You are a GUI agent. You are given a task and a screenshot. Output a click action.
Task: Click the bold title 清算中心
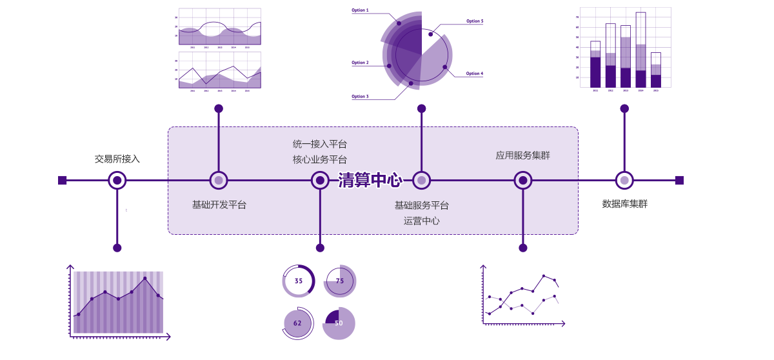tap(370, 180)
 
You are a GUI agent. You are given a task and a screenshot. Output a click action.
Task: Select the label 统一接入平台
tap(320, 144)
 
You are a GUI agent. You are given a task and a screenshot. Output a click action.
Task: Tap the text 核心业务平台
tap(320, 159)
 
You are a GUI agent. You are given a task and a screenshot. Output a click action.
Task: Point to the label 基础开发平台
tap(219, 205)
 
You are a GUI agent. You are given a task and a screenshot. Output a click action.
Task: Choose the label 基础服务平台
tap(422, 205)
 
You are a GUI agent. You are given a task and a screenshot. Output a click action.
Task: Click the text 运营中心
tap(422, 221)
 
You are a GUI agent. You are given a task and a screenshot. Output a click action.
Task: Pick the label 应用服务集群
tap(523, 155)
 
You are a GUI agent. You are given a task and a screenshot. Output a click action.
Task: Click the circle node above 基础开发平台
tap(219, 181)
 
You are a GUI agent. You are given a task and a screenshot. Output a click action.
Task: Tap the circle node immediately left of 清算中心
tap(320, 181)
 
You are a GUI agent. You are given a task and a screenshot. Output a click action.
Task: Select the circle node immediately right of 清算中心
tap(421, 181)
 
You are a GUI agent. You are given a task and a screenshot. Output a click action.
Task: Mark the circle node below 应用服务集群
tap(523, 181)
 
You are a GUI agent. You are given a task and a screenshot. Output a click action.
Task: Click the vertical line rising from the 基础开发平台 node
tap(219, 148)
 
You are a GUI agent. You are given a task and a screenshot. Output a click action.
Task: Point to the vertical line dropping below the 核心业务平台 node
tap(320, 213)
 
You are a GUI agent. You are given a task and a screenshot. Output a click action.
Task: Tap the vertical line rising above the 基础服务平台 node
tap(421, 148)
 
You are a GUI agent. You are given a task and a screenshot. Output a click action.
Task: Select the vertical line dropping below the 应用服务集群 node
tap(523, 213)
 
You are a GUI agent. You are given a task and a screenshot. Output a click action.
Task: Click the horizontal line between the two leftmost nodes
tap(269, 181)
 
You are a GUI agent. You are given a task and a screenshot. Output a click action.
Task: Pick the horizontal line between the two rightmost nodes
tap(472, 181)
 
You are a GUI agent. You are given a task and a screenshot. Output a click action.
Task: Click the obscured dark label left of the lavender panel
tap(117, 159)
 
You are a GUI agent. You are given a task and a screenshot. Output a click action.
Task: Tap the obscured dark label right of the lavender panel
tap(624, 204)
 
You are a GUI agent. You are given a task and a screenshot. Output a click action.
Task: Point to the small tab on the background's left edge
tap(60, 181)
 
